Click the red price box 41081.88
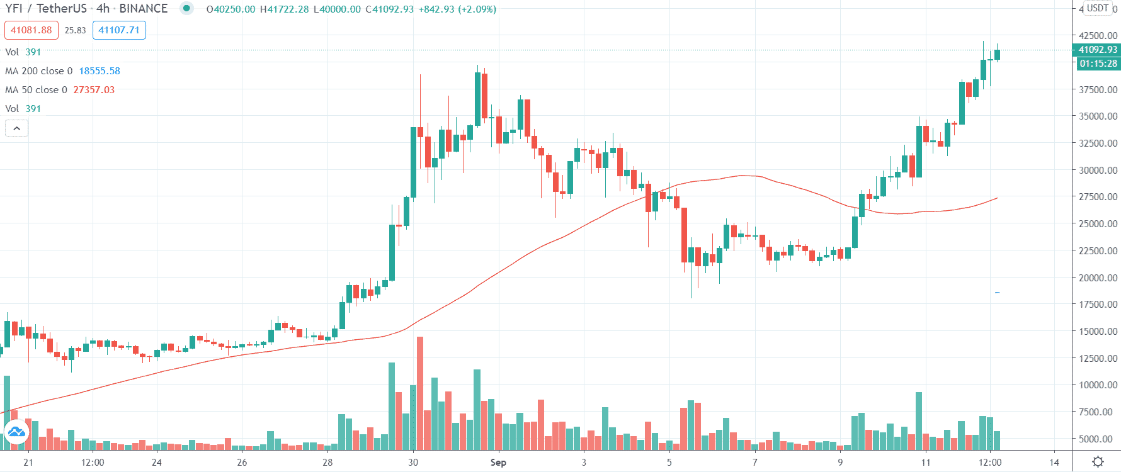pos(31,30)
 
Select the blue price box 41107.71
pos(119,30)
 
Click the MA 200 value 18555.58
pos(100,71)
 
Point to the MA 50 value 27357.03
pos(94,90)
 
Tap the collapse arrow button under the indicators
pos(17,128)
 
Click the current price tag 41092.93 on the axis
pos(1098,50)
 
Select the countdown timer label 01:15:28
pos(1098,64)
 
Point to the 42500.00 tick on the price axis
pos(1098,35)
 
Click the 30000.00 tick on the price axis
pos(1098,170)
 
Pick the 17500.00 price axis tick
pos(1098,304)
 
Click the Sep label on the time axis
pos(498,463)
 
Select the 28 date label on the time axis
pos(327,463)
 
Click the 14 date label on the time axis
pos(1054,463)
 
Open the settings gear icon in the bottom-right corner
pos(1098,462)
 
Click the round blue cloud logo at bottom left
pos(16,432)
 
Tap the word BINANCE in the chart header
pos(144,9)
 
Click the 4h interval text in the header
pos(103,9)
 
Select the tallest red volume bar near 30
pos(420,393)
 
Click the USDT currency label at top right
pos(1098,8)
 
